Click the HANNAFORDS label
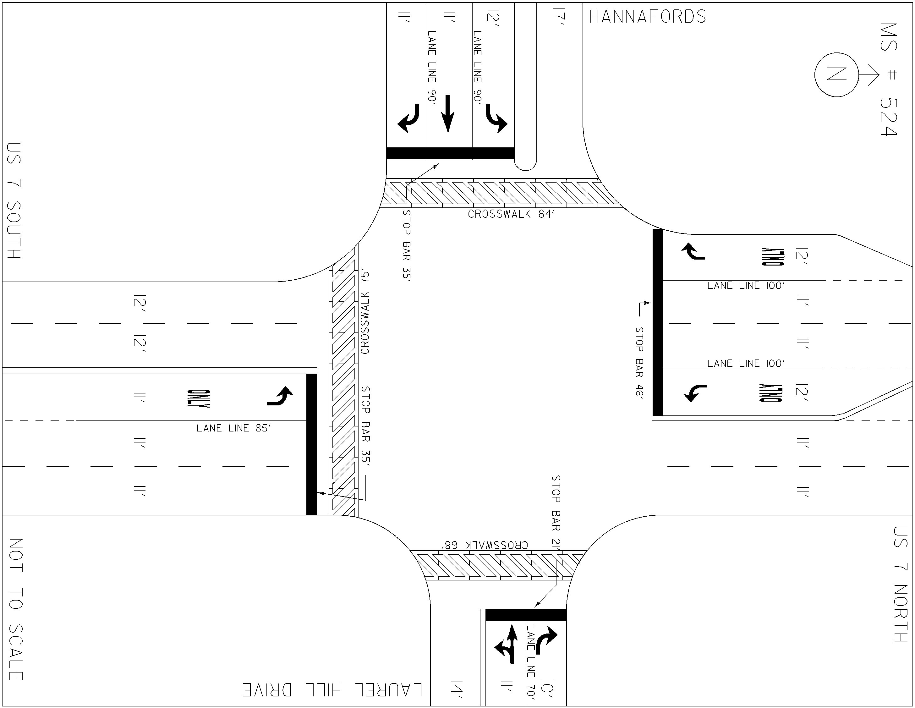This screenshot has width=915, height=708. [x=647, y=17]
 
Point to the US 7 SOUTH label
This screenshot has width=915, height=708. [x=14, y=200]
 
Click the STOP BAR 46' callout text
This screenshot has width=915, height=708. [x=639, y=362]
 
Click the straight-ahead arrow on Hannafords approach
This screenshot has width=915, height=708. [x=448, y=113]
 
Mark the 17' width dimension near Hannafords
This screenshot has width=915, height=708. [x=558, y=19]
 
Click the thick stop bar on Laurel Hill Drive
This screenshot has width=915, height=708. [x=526, y=615]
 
